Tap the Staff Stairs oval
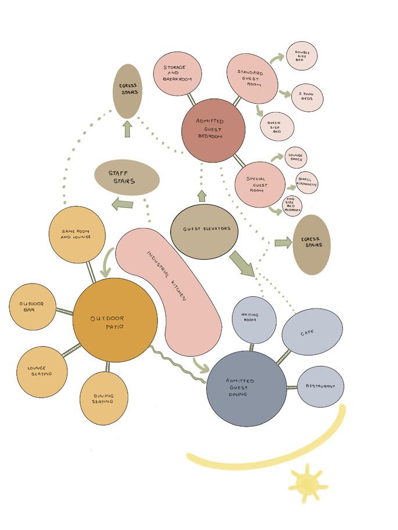click(x=127, y=177)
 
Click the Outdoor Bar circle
click(x=33, y=307)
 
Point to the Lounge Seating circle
click(x=41, y=372)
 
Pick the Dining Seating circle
click(x=103, y=398)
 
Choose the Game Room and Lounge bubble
click(x=77, y=234)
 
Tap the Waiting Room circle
click(x=254, y=320)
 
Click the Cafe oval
click(x=312, y=332)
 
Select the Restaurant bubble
click(x=321, y=386)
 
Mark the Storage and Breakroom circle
click(x=177, y=74)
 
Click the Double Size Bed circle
click(x=302, y=56)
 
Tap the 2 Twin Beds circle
click(x=307, y=97)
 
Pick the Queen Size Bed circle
click(x=277, y=126)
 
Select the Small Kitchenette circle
click(x=307, y=183)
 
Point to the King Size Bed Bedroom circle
click(x=292, y=205)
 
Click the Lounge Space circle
click(x=296, y=158)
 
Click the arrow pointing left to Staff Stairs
click(x=122, y=204)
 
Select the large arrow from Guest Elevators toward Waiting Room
click(x=242, y=263)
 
